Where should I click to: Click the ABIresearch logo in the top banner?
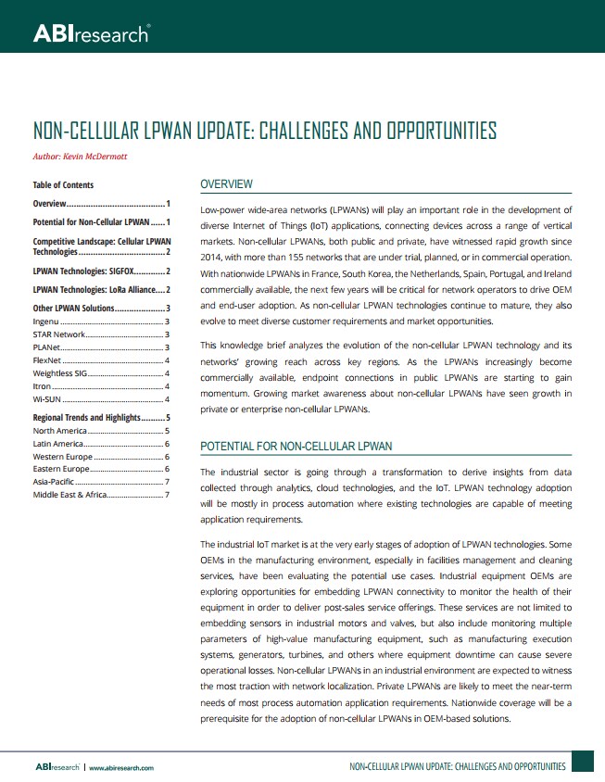coord(91,34)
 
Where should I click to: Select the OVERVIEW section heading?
coord(226,184)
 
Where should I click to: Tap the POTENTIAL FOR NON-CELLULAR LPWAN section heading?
coord(296,447)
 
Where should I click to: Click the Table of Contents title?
coord(63,185)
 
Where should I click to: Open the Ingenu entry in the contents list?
coord(46,321)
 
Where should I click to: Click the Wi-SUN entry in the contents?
coord(47,398)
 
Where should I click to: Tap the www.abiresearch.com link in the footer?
coord(121,767)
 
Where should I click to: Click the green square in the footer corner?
coord(582,763)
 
